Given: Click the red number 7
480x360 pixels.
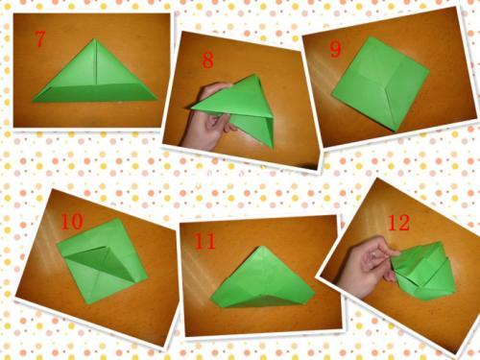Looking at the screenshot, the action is point(39,39).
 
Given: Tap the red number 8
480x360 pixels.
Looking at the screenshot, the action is point(207,60).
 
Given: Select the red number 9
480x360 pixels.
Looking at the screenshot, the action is point(335,49).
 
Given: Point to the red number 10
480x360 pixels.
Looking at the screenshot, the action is point(72,222).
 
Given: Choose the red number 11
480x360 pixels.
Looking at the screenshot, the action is point(205,241).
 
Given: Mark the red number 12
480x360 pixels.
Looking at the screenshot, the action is point(398,223).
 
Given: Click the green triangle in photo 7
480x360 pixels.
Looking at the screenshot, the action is point(95,77).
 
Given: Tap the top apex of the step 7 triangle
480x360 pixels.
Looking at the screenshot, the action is point(94,39).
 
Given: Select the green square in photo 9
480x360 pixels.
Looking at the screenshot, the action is point(380,84).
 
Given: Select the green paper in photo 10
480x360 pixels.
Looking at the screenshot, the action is point(102,261).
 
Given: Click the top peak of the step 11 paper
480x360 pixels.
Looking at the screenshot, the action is point(262,247).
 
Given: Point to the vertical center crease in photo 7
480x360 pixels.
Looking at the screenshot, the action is point(95,61).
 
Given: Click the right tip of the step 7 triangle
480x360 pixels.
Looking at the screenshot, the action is point(157,100).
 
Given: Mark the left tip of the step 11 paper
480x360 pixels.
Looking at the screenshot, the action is point(210,300).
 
